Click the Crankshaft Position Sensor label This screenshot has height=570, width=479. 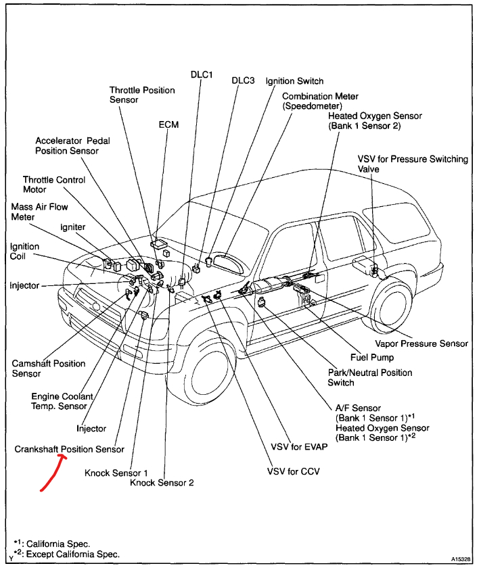coord(69,449)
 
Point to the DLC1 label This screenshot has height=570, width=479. coord(202,75)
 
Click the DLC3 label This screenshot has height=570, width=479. coord(243,80)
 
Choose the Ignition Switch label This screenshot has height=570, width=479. coord(294,81)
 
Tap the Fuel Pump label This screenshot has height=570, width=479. coord(371,357)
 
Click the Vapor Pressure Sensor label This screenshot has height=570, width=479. coord(422,343)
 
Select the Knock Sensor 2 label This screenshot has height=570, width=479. coord(162,483)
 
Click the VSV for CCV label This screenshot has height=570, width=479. coord(293,471)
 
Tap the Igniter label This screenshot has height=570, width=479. coord(72,227)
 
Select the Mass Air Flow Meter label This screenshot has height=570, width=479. coord(39,212)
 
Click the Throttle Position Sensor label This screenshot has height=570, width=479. coord(142,95)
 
